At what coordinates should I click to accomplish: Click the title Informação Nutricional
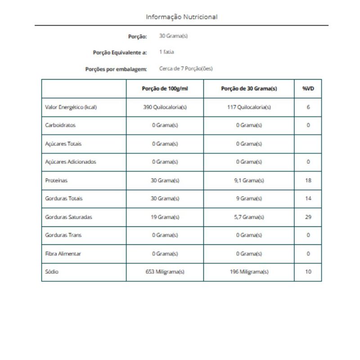point(181,17)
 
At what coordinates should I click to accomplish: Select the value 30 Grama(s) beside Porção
point(173,36)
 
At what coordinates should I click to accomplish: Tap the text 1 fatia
point(166,52)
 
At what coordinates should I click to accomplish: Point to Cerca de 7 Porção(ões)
point(186,69)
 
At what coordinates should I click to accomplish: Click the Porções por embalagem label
point(116,69)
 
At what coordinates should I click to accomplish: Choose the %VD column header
point(308,89)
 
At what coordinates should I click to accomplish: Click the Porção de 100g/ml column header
point(165,89)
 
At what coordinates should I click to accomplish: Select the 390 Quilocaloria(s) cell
point(165,108)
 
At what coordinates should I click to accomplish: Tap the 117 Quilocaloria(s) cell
point(249,108)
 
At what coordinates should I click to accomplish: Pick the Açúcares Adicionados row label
point(71,162)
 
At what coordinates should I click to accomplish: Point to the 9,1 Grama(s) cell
point(249,180)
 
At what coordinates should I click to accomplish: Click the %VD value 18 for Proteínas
point(308,180)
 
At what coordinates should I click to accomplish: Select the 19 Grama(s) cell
point(165,217)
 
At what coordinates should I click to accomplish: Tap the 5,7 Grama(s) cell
point(249,217)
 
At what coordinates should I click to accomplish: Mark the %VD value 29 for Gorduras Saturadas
point(308,217)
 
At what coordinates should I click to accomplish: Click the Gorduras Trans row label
point(63,235)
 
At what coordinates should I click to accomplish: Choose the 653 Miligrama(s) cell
point(165,272)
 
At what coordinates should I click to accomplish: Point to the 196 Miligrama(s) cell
point(249,272)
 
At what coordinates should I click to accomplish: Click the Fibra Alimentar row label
point(63,253)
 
